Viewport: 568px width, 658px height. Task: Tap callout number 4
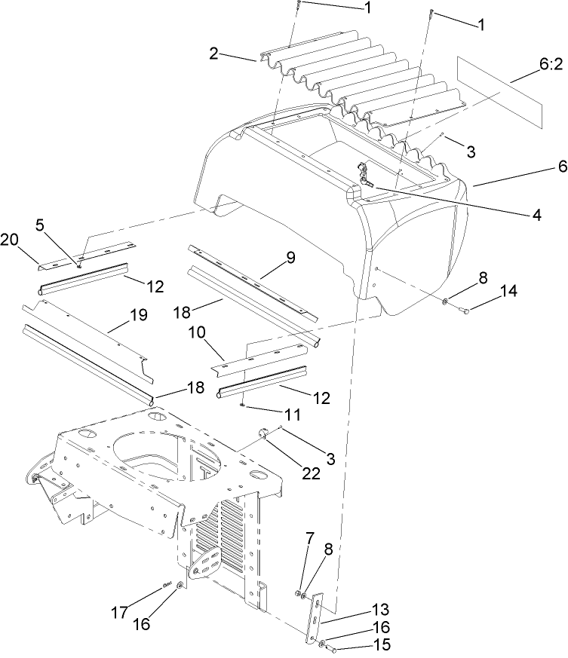(536, 215)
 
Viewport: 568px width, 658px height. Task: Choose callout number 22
(312, 473)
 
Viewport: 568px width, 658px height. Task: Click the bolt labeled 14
(464, 310)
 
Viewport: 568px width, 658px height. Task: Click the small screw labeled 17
(166, 585)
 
